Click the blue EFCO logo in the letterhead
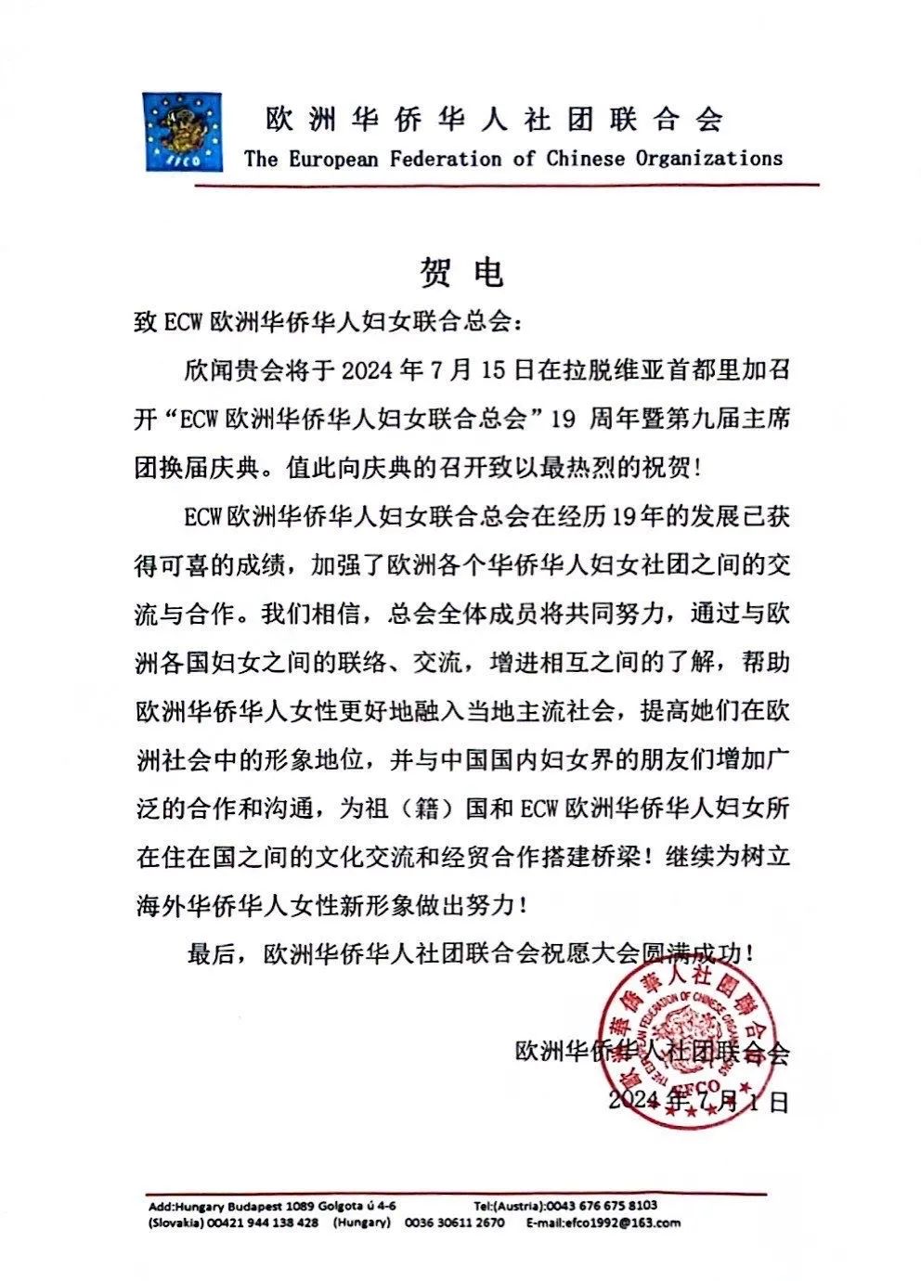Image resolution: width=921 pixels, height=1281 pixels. (182, 131)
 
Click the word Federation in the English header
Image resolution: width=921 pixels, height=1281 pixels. (447, 159)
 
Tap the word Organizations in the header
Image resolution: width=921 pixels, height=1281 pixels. (708, 159)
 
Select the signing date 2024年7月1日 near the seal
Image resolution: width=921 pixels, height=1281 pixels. (697, 1102)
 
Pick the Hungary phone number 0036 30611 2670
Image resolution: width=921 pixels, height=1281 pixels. (455, 1223)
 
